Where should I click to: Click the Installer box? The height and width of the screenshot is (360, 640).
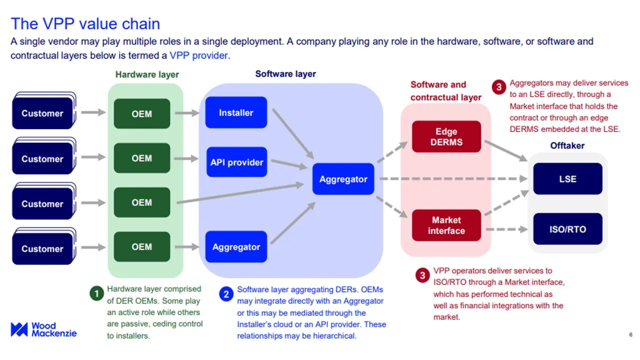pos(236,113)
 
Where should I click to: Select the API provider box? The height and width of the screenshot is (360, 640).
pos(236,162)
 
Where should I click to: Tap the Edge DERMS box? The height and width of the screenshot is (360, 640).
pos(446,136)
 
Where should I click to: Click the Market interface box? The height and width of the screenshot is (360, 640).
pos(446,225)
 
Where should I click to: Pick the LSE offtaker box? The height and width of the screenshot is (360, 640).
pos(567,179)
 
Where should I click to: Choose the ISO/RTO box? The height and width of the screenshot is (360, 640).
pos(567,229)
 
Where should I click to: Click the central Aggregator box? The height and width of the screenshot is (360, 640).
pos(343,179)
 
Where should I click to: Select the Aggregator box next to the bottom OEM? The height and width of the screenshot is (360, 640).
pos(236,247)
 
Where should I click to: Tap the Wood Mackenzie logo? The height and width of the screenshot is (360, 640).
pos(43,329)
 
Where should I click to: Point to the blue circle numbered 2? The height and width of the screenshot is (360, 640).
pos(226,294)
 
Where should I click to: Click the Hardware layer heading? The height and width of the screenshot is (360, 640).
pos(147,74)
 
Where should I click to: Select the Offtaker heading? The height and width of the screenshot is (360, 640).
pos(567,145)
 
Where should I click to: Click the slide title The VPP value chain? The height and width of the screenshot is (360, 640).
pos(85,23)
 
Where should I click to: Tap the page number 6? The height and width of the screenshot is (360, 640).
pos(630,334)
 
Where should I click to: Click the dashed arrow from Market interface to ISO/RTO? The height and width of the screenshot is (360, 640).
pos(506,229)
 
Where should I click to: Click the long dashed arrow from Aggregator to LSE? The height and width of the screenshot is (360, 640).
pos(452,178)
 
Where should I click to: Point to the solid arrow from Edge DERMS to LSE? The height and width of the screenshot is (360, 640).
pos(505,150)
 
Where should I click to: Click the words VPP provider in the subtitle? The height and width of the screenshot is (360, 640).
pos(198,55)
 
